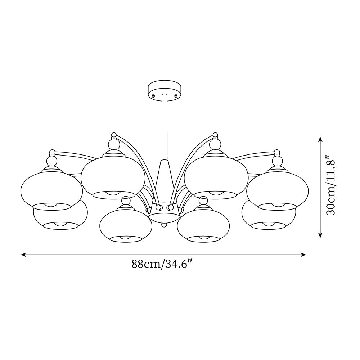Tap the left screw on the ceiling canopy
[x=153, y=95]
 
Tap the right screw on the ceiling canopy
[x=176, y=95]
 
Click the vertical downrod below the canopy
[x=165, y=127]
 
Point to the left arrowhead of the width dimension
[x=23, y=255]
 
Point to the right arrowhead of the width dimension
[x=303, y=255]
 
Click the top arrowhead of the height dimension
[x=320, y=139]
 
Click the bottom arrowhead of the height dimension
[x=320, y=235]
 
